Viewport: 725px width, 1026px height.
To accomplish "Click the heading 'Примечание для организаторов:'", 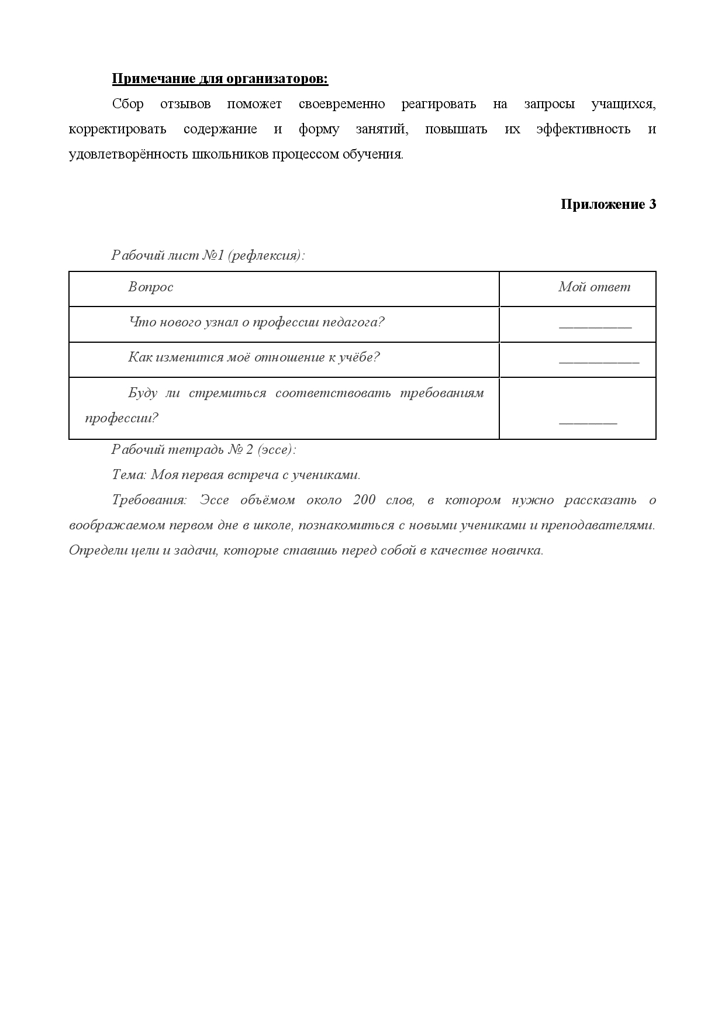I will (220, 79).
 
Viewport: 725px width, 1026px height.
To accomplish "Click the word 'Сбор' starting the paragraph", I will (127, 104).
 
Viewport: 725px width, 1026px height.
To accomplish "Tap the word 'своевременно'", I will (341, 104).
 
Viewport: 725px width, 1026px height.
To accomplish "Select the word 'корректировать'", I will (117, 129).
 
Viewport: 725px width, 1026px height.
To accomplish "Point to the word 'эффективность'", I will (583, 129).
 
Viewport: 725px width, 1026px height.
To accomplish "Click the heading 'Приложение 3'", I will (608, 204).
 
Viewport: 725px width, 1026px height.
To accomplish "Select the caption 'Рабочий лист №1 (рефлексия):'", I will (208, 256).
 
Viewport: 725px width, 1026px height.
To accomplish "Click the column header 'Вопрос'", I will (151, 287).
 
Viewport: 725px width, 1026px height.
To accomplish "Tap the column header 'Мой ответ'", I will (594, 287).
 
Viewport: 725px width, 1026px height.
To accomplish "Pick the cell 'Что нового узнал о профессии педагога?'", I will (256, 322).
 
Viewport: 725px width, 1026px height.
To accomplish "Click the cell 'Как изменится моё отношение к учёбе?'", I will (254, 357).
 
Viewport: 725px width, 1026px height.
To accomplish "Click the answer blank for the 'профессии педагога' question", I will (595, 325).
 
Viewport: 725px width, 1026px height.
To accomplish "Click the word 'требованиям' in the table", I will (442, 393).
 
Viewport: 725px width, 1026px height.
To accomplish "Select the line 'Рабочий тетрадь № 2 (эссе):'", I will (203, 450).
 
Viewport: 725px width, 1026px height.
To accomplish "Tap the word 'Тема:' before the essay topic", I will (129, 475).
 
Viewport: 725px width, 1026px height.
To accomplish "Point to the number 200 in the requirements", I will (364, 500).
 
